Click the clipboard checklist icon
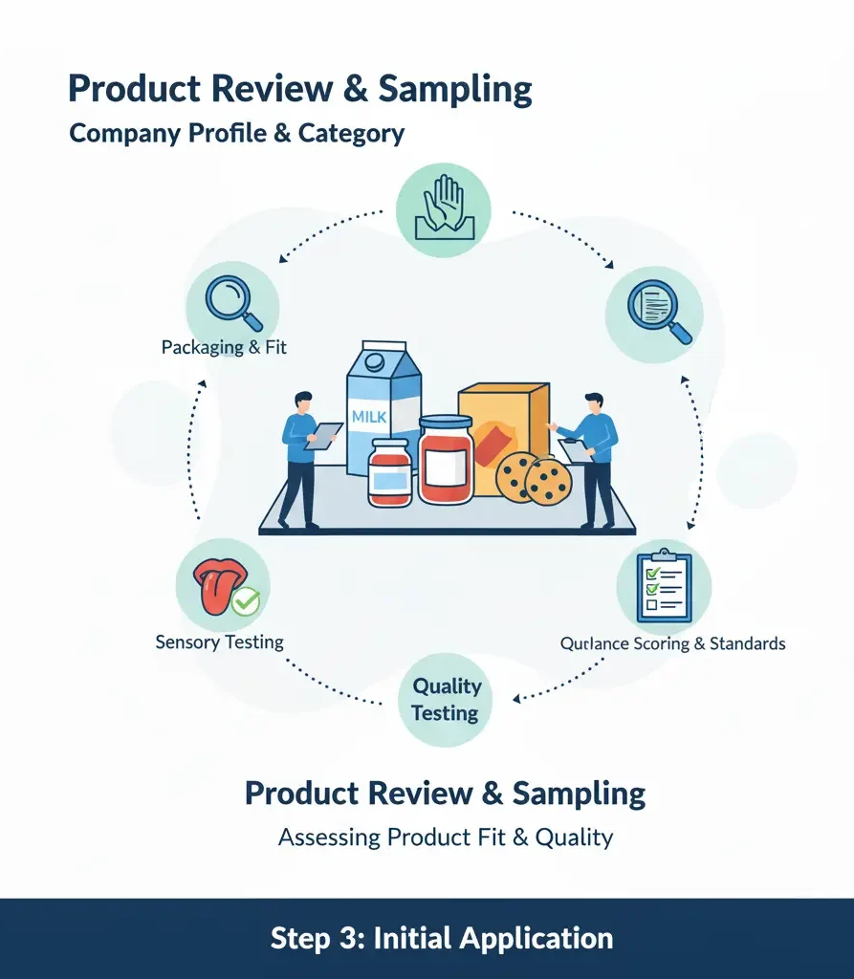(664, 586)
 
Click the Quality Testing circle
(446, 699)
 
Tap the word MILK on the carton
(369, 417)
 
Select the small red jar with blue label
(390, 472)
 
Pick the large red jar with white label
(446, 460)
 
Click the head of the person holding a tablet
(303, 402)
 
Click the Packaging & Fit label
(224, 347)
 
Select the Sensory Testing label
(219, 642)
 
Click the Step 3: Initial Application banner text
(442, 939)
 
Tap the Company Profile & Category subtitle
(236, 134)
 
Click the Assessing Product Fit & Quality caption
(446, 838)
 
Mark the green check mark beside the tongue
(246, 602)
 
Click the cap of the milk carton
(374, 361)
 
